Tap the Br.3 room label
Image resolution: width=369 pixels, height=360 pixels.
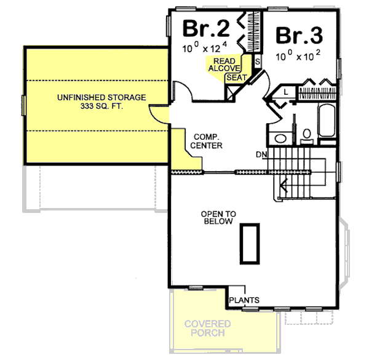(x=300, y=34)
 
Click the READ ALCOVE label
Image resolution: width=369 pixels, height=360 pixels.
(x=224, y=65)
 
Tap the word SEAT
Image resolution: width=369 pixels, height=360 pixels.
(x=237, y=78)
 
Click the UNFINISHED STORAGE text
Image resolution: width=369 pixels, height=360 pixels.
(x=101, y=97)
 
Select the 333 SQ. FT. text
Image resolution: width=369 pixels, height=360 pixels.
(x=101, y=106)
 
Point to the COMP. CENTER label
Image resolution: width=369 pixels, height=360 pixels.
(x=207, y=141)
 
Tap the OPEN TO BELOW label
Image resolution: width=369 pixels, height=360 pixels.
(x=218, y=217)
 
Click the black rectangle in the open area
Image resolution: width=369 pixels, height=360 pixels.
(x=250, y=244)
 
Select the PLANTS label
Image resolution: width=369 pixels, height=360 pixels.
(x=244, y=300)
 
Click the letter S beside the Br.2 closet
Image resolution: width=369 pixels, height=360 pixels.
(x=257, y=62)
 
